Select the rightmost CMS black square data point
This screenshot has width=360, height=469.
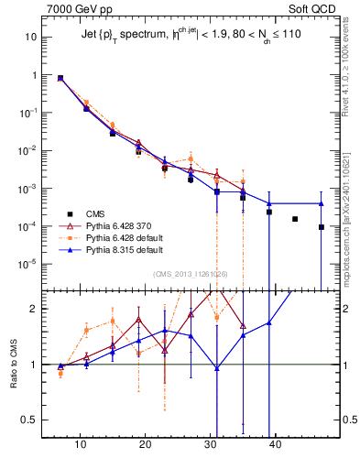tap(322, 227)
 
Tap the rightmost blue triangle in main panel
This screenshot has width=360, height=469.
tap(322, 203)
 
